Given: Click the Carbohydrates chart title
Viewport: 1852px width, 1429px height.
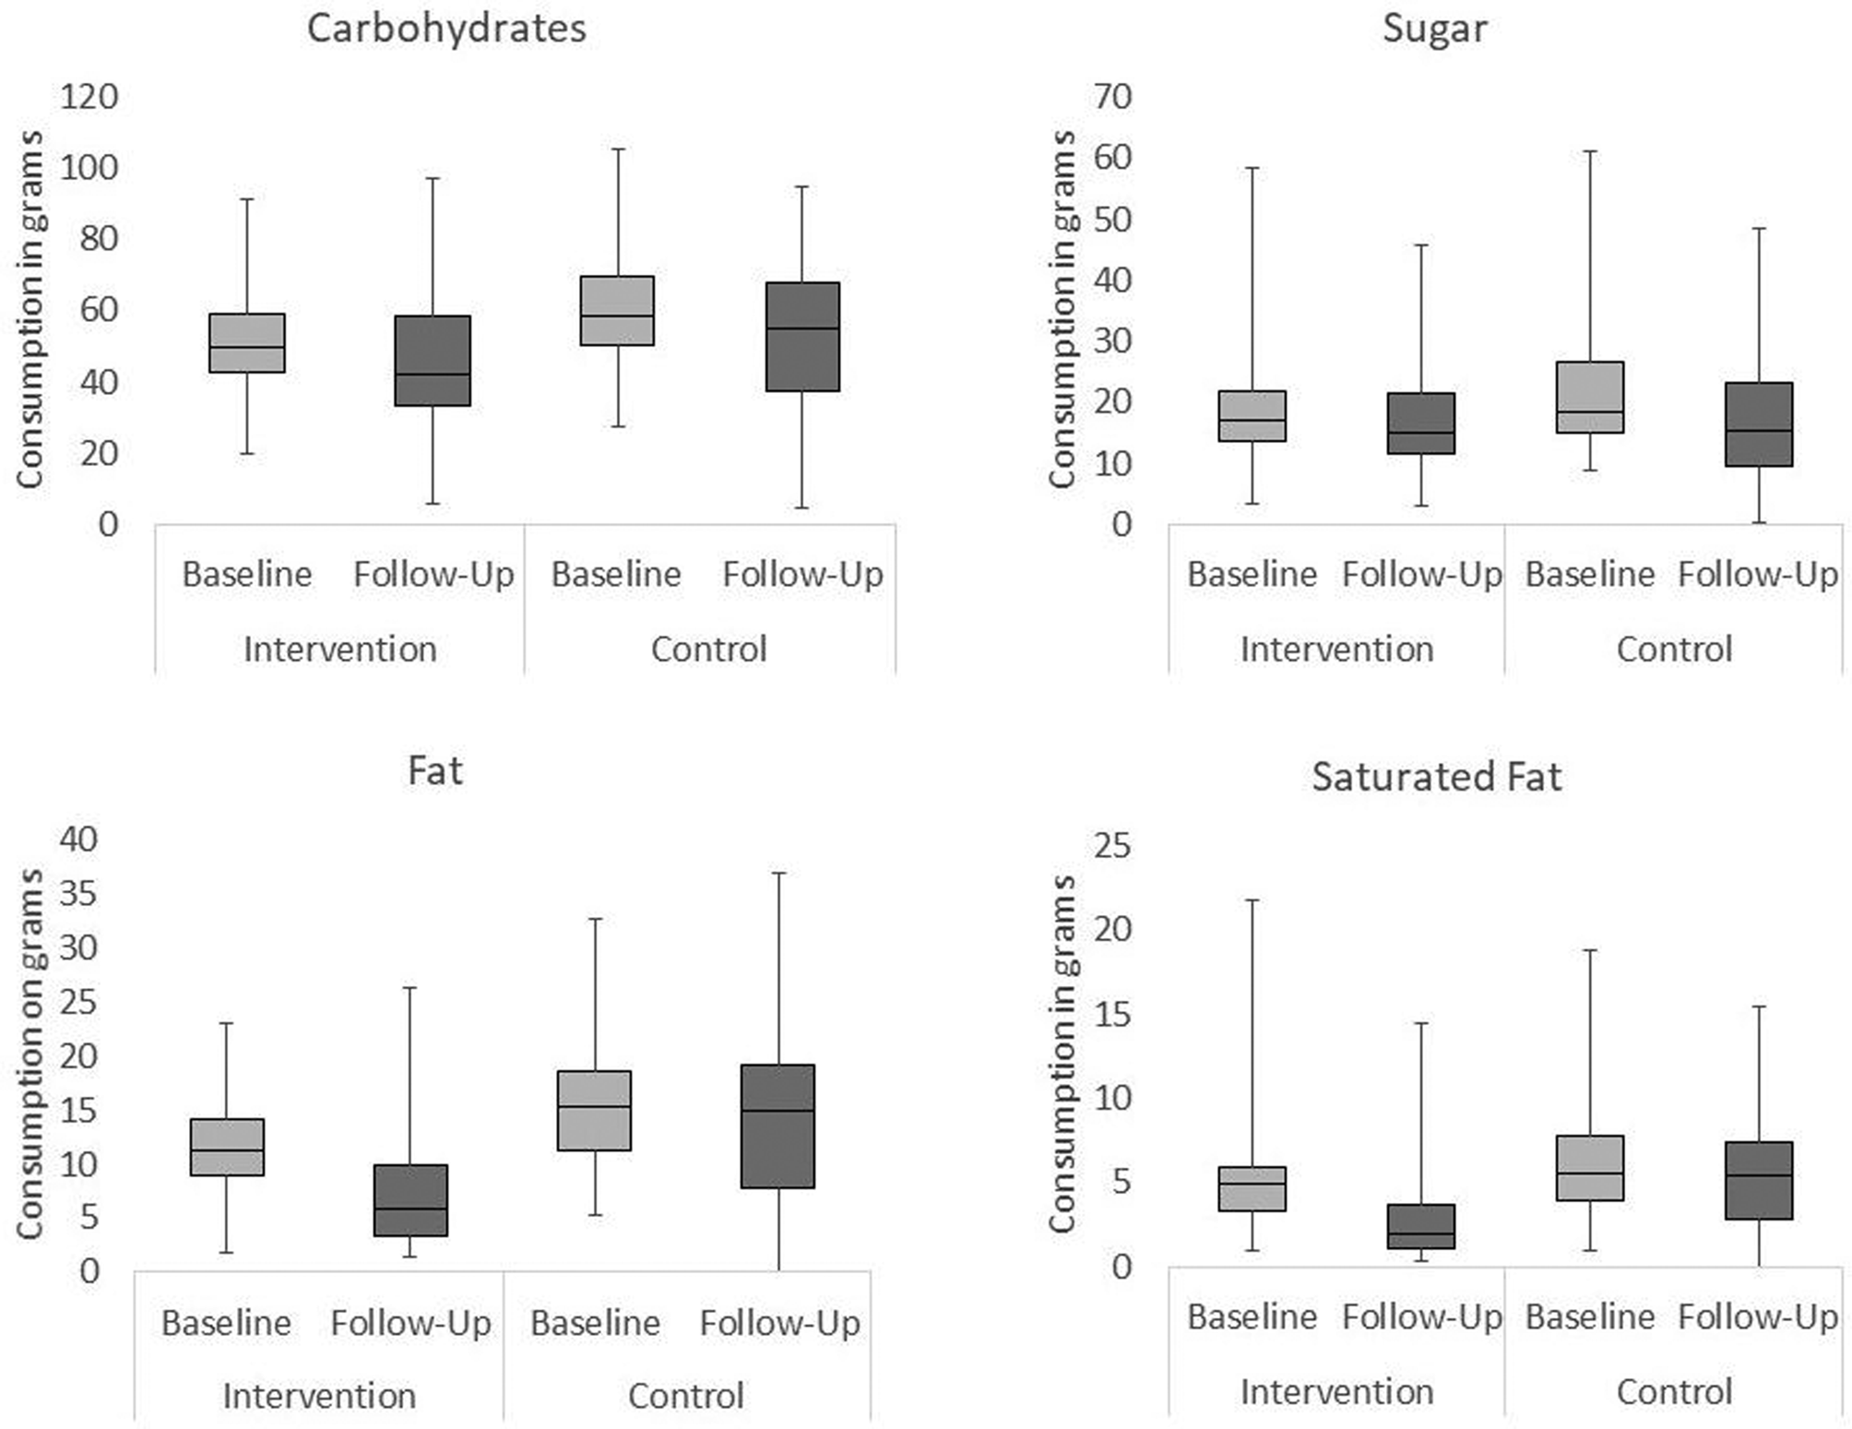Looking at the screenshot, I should [x=446, y=29].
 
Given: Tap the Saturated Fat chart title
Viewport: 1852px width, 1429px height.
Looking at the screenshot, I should [x=1436, y=777].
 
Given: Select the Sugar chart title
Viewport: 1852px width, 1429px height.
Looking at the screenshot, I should [x=1434, y=29].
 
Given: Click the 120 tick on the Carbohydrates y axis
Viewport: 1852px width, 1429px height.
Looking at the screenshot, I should [x=89, y=96].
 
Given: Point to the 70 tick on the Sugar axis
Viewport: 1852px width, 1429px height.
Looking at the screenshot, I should [x=1113, y=96].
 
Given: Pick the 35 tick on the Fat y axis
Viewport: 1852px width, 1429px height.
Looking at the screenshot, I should [x=77, y=893].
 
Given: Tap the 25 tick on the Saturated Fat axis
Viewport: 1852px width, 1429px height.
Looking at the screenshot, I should [x=1113, y=845].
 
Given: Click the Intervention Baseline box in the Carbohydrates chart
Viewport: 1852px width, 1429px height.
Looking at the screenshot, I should [x=247, y=343].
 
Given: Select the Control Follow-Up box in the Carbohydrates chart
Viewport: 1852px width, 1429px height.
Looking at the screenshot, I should [x=802, y=337].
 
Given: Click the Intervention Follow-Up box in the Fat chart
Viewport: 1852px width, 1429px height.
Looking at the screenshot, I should [x=410, y=1200].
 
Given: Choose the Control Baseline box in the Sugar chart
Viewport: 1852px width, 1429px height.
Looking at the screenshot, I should [x=1590, y=397].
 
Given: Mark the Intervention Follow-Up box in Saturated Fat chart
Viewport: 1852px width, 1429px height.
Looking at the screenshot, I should [x=1421, y=1226].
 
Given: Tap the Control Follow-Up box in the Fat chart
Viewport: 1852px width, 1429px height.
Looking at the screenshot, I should [x=778, y=1126].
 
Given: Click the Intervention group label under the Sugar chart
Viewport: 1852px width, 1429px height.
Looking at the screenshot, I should [x=1336, y=649].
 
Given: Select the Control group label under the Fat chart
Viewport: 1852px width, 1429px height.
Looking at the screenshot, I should [x=686, y=1396].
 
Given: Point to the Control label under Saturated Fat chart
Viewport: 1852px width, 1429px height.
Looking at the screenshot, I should [x=1674, y=1392].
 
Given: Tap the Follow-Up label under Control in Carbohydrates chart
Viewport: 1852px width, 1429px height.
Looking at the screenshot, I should [x=802, y=575].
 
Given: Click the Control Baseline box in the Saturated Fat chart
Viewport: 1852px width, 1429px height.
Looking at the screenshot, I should [x=1590, y=1168].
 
